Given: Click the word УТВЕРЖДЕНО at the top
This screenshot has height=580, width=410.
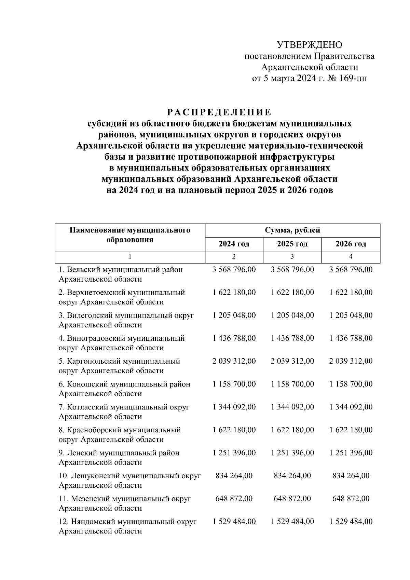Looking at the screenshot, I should (309, 45).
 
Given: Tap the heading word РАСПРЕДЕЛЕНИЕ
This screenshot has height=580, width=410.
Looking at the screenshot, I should (219, 112).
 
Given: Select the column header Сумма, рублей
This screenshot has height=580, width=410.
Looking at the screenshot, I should (292, 230).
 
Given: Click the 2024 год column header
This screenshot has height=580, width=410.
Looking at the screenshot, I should (234, 244).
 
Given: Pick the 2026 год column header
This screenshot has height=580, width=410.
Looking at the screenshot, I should (351, 244).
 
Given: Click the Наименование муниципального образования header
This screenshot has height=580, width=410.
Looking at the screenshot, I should (130, 235).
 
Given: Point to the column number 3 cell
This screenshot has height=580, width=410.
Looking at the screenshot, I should (292, 256).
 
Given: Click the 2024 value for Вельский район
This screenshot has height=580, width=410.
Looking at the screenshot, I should (234, 270).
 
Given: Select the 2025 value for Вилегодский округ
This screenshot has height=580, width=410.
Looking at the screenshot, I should (292, 315).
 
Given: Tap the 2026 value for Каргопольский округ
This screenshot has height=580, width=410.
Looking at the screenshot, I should (351, 361).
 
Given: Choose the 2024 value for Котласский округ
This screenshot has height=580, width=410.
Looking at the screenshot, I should (234, 407).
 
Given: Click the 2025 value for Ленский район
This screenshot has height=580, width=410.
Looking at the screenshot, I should (292, 453).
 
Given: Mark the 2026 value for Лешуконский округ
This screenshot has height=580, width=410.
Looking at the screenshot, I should (351, 476).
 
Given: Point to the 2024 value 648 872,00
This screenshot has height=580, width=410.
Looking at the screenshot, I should (234, 499).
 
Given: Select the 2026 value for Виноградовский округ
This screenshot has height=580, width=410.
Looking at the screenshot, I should (351, 338).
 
